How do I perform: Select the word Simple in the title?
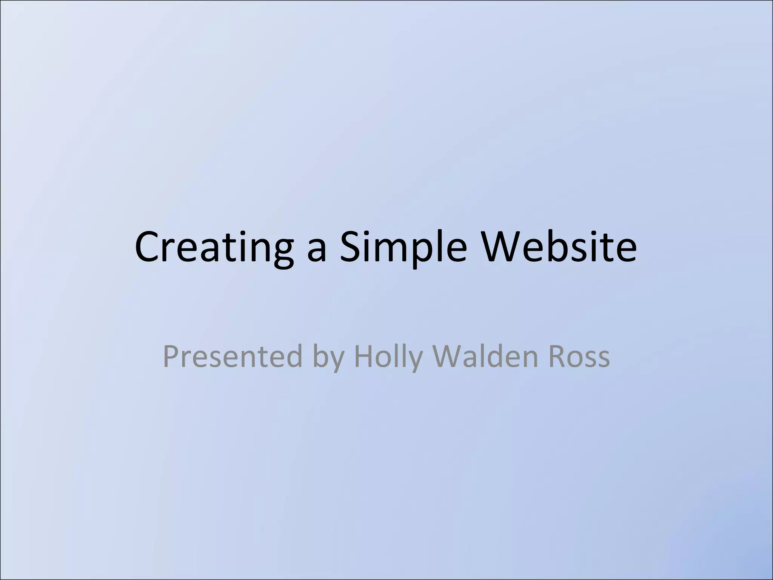pyautogui.click(x=403, y=247)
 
